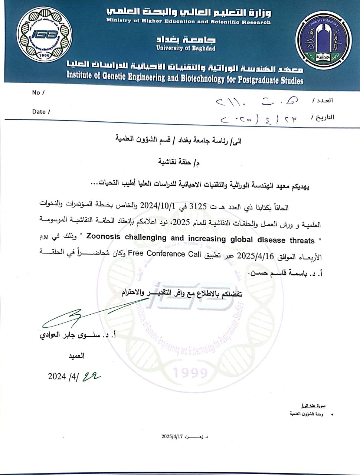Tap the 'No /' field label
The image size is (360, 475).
[x=38, y=93]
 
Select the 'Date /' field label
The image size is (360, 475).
[x=41, y=112]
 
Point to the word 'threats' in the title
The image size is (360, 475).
[x=302, y=240]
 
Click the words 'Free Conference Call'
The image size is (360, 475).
[x=164, y=254]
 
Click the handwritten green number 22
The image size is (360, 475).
[x=91, y=376]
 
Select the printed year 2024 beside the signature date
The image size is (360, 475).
[x=57, y=376]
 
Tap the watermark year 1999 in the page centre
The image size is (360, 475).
[x=190, y=372]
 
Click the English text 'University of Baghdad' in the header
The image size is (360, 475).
[x=186, y=48]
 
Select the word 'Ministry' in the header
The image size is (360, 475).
[x=119, y=21]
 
